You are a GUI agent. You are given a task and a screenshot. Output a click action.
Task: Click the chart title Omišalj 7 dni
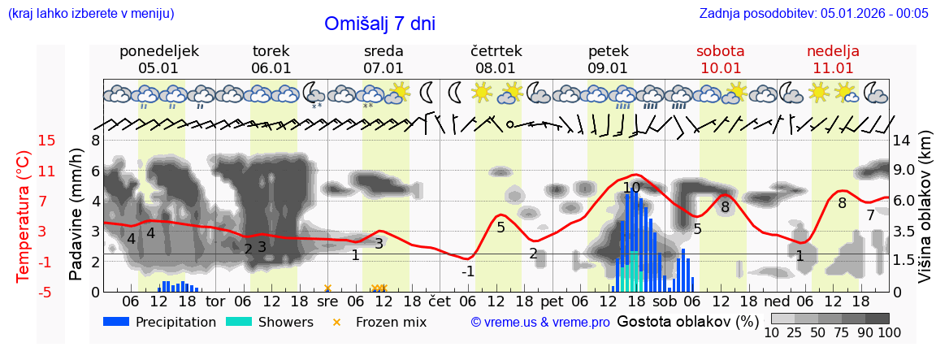[379, 24]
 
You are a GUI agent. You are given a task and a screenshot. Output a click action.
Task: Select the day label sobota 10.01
[720, 59]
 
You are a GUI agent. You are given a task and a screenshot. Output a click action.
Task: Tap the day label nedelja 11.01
[833, 59]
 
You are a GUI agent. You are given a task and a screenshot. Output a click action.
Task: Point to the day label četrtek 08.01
[496, 59]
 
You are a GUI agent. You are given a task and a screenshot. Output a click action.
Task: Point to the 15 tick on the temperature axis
[46, 141]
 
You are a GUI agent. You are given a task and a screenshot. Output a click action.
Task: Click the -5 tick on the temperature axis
[46, 292]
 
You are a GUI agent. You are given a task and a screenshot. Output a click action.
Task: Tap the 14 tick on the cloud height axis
[904, 141]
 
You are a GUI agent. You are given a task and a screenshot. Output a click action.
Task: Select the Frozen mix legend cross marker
[336, 322]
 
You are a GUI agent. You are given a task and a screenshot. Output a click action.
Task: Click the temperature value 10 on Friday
[631, 188]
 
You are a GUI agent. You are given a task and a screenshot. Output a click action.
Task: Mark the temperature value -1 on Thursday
[467, 271]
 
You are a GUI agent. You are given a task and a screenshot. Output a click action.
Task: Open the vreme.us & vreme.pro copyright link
[540, 323]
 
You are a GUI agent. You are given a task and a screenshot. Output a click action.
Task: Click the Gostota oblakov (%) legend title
[687, 321]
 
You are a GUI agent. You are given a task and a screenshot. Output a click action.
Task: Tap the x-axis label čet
[440, 300]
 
